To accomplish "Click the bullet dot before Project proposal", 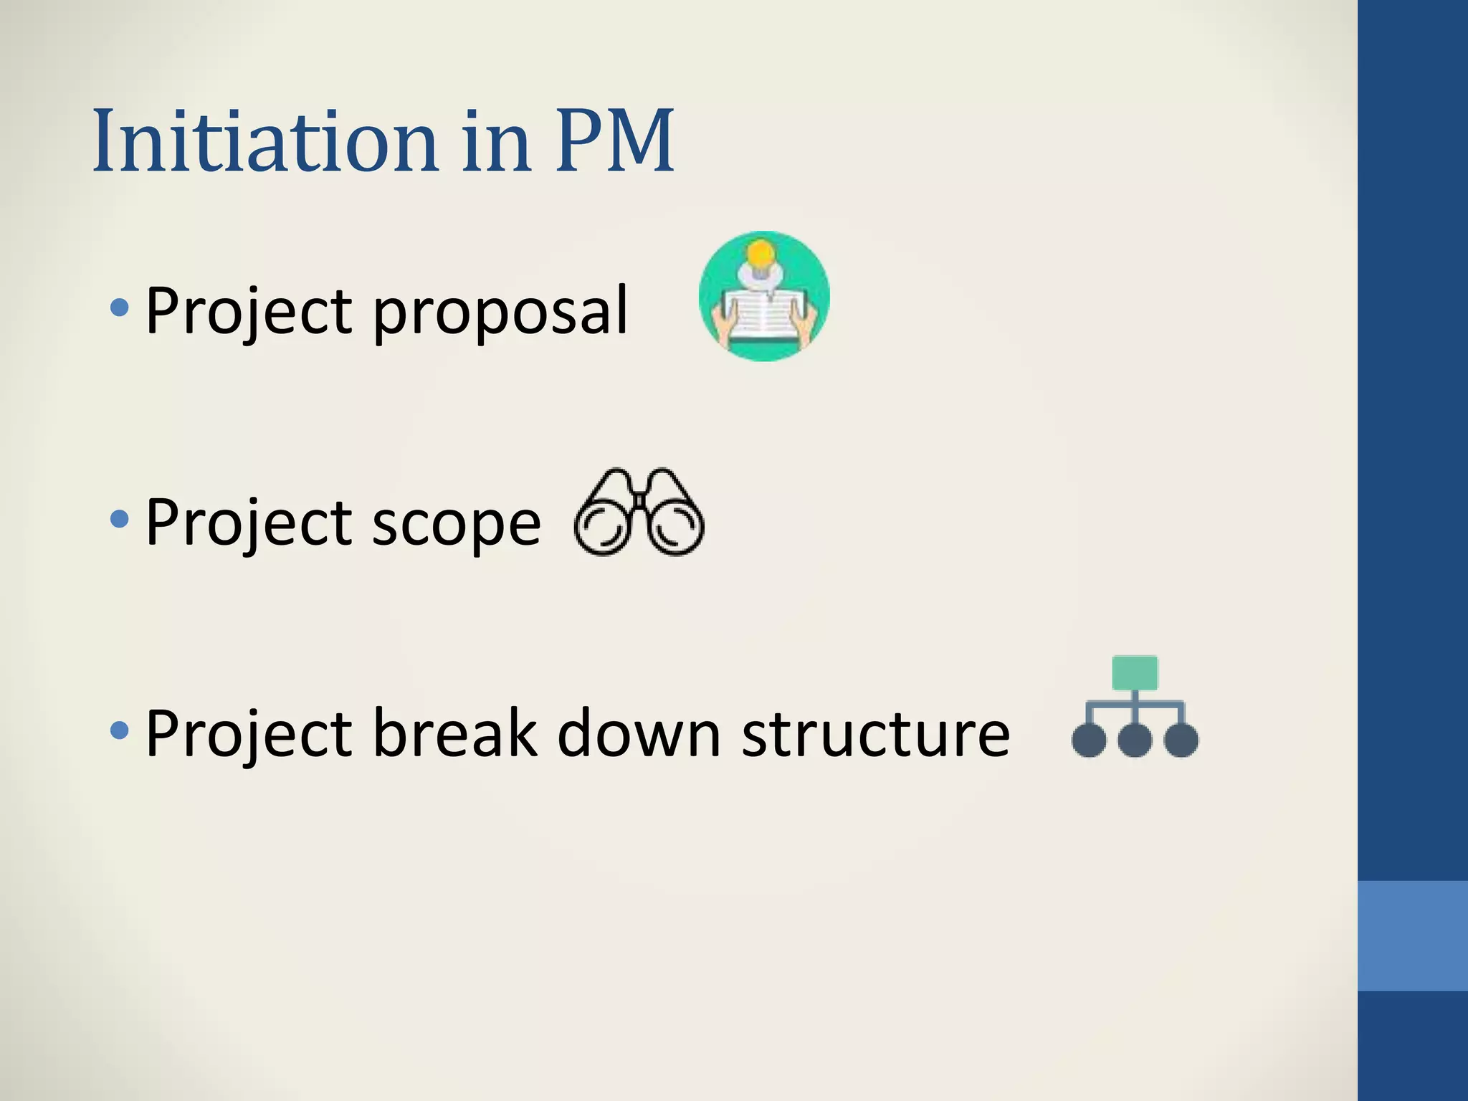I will pos(120,309).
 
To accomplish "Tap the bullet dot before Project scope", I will pos(120,519).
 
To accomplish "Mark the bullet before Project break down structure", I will pos(120,730).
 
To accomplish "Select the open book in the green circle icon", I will pos(764,314).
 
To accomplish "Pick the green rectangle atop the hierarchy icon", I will pos(1135,673).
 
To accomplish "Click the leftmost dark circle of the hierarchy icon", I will pos(1089,740).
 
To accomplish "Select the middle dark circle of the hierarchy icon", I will pos(1135,740).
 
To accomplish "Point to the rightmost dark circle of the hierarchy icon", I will pos(1181,740).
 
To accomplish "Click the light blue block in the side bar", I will pos(1412,935).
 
